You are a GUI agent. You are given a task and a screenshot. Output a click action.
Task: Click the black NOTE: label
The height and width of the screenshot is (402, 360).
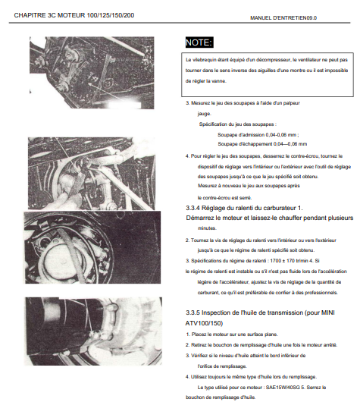point(199,42)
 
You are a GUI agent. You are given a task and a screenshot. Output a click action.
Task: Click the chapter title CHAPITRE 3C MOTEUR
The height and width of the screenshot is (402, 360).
point(49,15)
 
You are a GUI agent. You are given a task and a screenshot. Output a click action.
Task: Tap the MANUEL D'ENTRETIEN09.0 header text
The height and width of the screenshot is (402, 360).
point(283,18)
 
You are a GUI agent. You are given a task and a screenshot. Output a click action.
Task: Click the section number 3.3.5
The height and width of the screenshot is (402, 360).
point(193,312)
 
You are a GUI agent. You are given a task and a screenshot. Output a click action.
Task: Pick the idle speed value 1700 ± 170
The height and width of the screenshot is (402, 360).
point(283,261)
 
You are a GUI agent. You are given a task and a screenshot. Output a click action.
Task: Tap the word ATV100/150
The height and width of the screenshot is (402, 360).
point(204,323)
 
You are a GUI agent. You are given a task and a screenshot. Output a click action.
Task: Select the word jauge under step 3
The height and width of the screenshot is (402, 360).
point(204,114)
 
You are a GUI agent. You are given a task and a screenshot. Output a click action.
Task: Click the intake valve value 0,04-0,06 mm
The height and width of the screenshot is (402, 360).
point(281,135)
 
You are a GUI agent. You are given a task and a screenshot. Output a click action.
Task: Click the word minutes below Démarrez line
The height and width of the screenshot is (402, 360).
point(207,228)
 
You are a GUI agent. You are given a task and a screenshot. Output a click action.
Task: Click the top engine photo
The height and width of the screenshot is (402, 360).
point(92,73)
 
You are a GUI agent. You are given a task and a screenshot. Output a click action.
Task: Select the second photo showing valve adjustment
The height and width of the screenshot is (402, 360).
point(92,174)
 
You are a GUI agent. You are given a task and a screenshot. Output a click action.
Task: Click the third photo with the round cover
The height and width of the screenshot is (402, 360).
point(92,247)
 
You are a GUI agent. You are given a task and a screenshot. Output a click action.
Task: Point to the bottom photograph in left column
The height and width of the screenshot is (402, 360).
point(93,331)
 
